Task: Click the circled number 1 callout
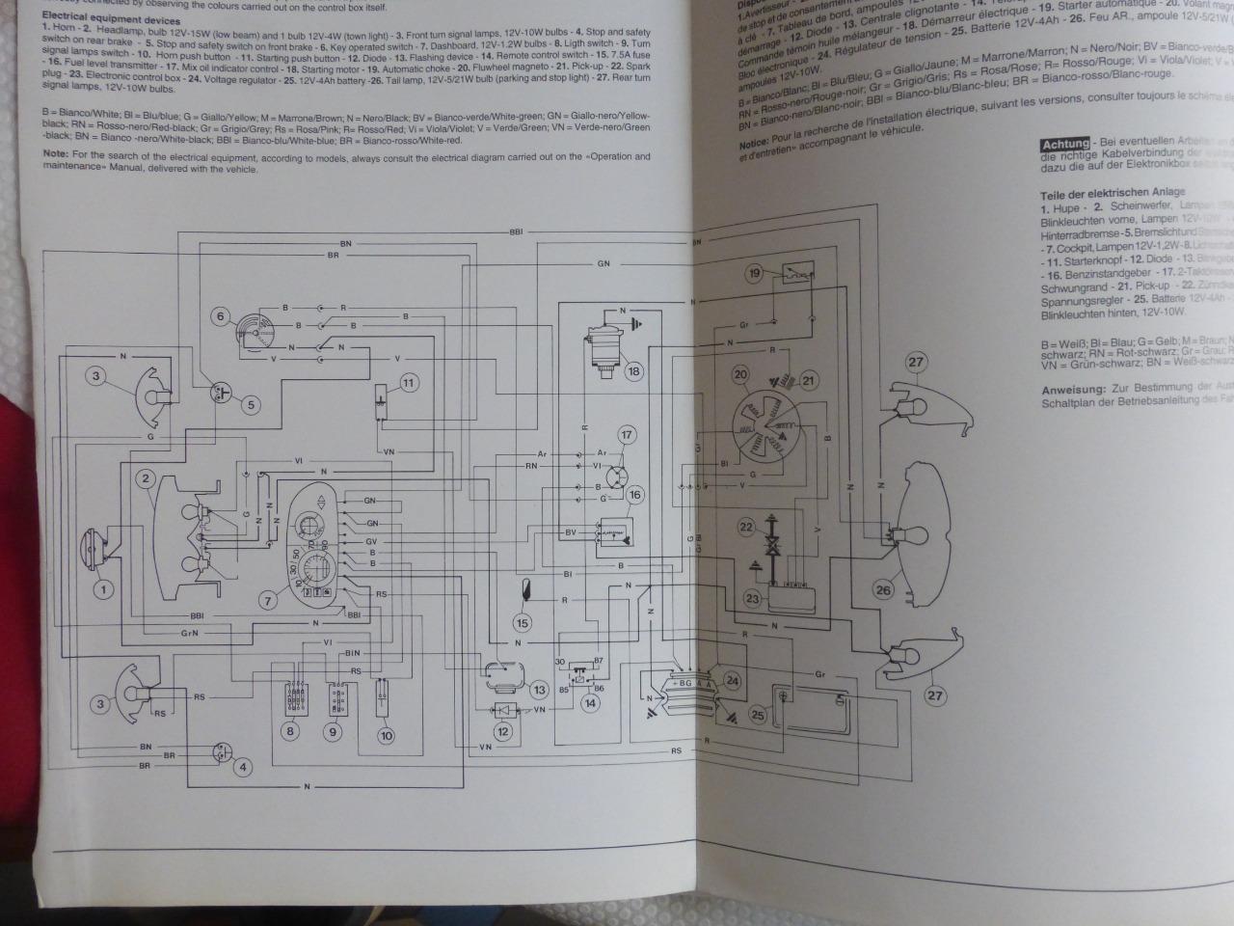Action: coord(102,587)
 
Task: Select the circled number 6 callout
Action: coord(220,316)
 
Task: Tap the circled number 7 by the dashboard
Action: coord(270,601)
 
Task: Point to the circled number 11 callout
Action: coord(408,383)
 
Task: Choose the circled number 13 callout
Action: coord(539,690)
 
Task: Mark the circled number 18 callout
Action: coord(633,371)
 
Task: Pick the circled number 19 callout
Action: coord(754,273)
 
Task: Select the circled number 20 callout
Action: coord(740,374)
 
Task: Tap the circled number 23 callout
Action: coord(753,599)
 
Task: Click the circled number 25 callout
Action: coord(757,715)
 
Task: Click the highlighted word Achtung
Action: coord(1064,145)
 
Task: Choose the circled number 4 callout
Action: coord(243,768)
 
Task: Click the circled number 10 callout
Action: coord(386,735)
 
